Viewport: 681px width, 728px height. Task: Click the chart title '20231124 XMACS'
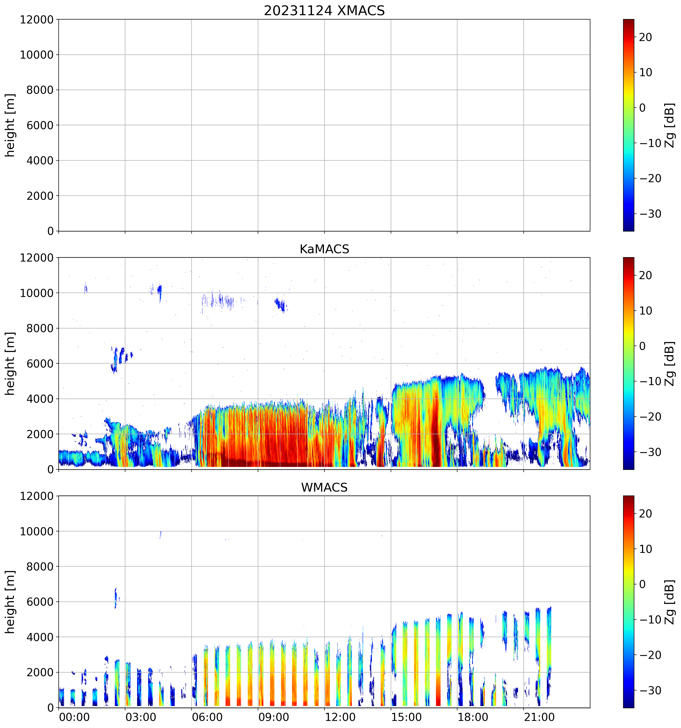324,11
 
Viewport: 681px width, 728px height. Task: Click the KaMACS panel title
324,249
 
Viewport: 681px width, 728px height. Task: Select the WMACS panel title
324,487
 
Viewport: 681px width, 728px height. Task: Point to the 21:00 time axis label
539,717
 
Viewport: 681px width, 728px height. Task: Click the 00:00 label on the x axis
74,717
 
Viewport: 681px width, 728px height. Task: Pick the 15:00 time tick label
406,717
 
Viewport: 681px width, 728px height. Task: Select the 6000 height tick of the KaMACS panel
40,364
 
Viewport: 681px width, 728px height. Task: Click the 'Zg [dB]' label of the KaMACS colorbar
670,363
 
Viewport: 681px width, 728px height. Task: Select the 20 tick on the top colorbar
646,37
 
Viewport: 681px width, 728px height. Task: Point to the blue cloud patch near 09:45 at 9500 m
281,304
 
